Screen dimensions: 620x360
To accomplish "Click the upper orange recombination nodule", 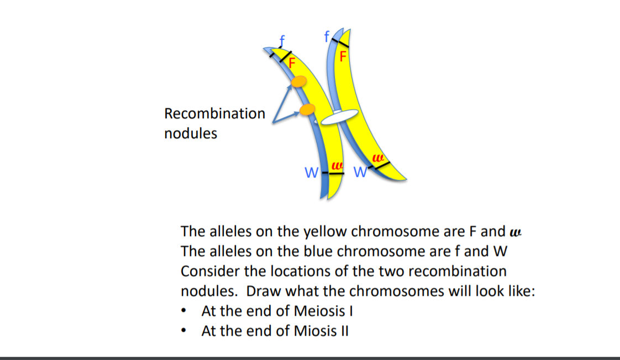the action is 298,82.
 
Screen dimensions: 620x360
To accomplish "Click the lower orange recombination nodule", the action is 307,109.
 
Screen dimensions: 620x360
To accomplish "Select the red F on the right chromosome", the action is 343,56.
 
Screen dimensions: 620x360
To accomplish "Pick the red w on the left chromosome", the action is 337,165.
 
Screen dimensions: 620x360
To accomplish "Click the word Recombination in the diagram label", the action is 214,114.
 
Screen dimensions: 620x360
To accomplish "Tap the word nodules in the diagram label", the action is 190,133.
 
